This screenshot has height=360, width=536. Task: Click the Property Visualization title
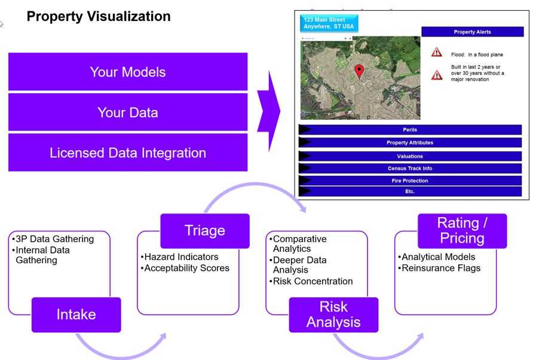coord(99,16)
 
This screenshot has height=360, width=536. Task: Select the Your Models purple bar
coord(128,72)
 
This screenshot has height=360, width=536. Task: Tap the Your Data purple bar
coord(128,112)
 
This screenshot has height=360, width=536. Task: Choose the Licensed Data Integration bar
coord(128,152)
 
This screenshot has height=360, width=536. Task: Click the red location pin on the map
coord(359,71)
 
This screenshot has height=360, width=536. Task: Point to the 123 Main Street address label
coord(329,23)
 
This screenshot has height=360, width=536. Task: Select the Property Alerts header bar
coord(473,32)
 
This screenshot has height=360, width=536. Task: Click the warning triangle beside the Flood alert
coord(437,52)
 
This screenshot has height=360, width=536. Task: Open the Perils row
coord(410,130)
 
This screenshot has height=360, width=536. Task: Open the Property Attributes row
coord(410,143)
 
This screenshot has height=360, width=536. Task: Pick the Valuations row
coord(410,156)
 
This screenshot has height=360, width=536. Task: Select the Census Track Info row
coord(410,169)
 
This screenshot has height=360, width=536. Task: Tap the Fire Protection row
coord(410,181)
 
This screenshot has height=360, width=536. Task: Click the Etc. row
coord(410,191)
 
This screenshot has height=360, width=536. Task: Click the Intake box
coord(76,315)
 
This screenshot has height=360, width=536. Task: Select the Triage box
coord(205,231)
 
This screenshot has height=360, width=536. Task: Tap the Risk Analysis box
coord(333,315)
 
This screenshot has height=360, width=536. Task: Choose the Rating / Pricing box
coord(462,231)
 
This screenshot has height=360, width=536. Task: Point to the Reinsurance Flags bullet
coord(439,268)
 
